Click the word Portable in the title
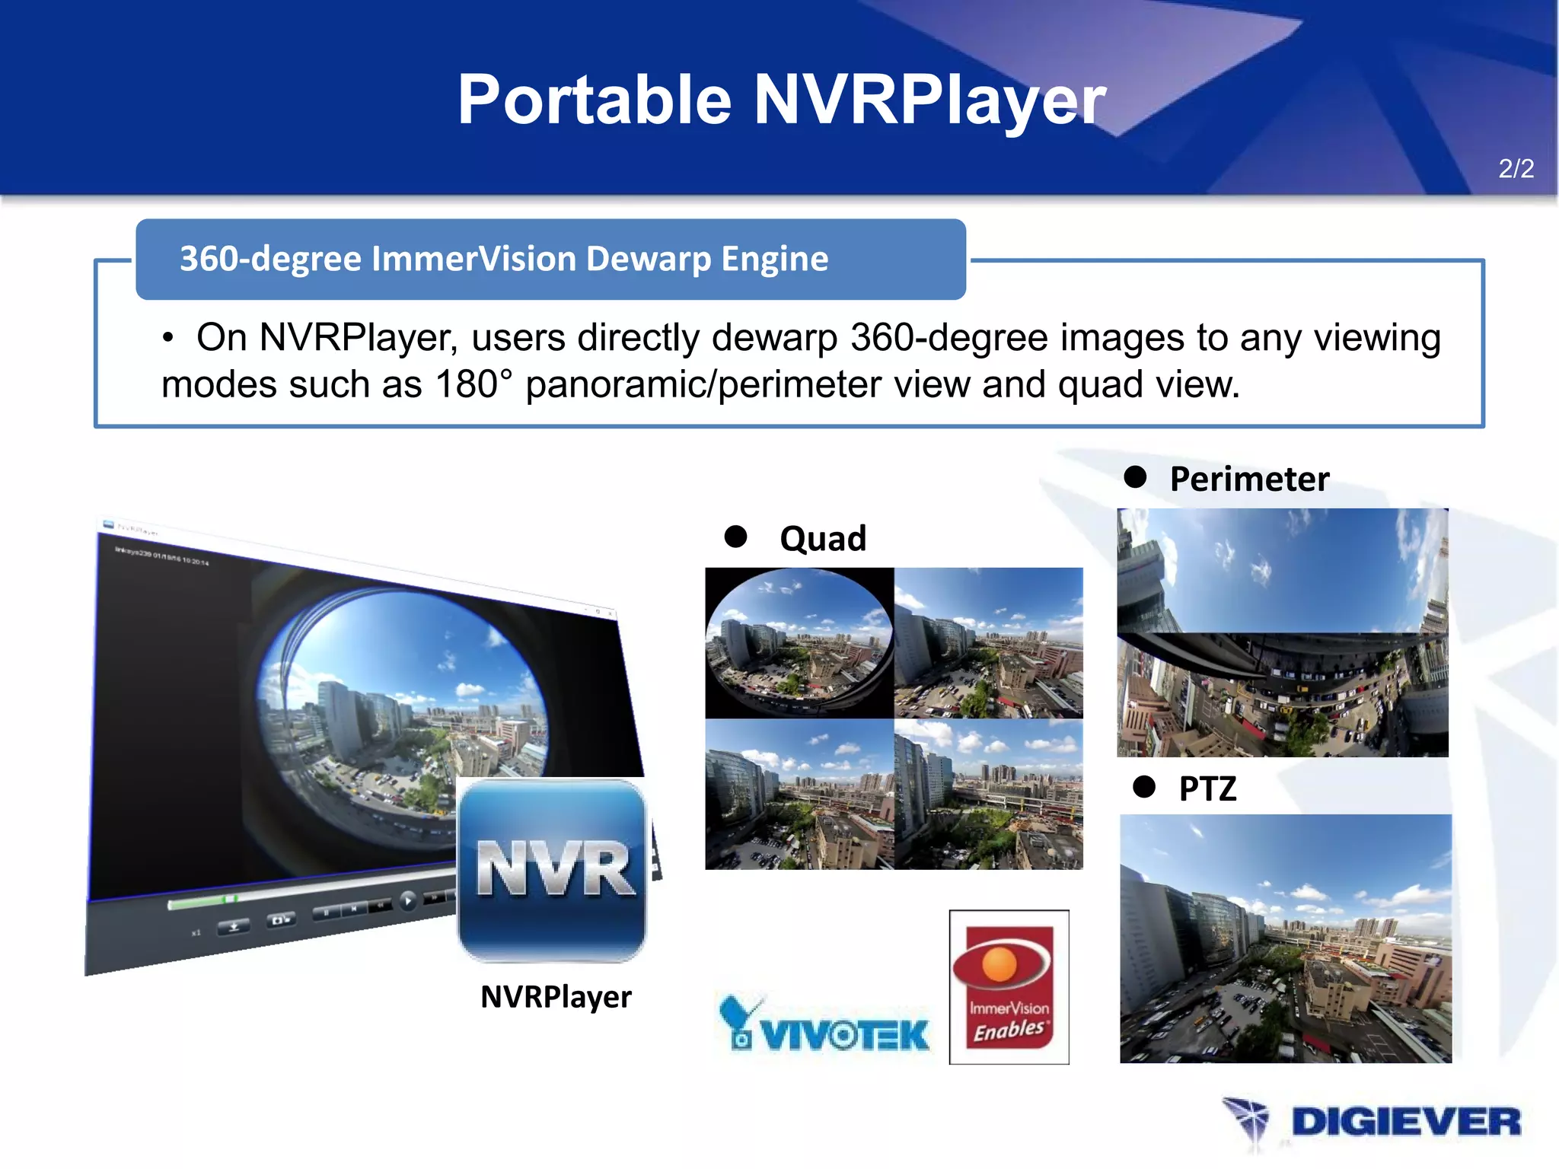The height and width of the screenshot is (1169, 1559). pyautogui.click(x=595, y=100)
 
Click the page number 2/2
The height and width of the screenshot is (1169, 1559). pyautogui.click(x=1516, y=168)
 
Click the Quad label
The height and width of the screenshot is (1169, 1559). pyautogui.click(x=823, y=539)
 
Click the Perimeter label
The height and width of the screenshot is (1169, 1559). pyautogui.click(x=1249, y=479)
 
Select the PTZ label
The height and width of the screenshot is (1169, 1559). pyautogui.click(x=1207, y=788)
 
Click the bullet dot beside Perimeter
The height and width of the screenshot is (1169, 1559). pyautogui.click(x=1135, y=477)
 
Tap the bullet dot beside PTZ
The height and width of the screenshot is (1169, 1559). pyautogui.click(x=1143, y=786)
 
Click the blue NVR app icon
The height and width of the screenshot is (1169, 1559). pyautogui.click(x=552, y=870)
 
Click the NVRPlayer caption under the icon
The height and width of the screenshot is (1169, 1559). pyautogui.click(x=556, y=997)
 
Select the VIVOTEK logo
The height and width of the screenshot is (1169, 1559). pyautogui.click(x=824, y=1024)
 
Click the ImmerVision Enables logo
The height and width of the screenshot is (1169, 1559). pyautogui.click(x=1009, y=986)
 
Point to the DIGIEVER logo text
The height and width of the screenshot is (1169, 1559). pyautogui.click(x=1406, y=1123)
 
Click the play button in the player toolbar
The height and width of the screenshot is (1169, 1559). pyautogui.click(x=408, y=901)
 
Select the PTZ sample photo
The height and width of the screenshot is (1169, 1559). pyautogui.click(x=1286, y=938)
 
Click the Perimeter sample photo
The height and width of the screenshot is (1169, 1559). pyautogui.click(x=1283, y=632)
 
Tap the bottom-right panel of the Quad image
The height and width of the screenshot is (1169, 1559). pyautogui.click(x=988, y=794)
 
